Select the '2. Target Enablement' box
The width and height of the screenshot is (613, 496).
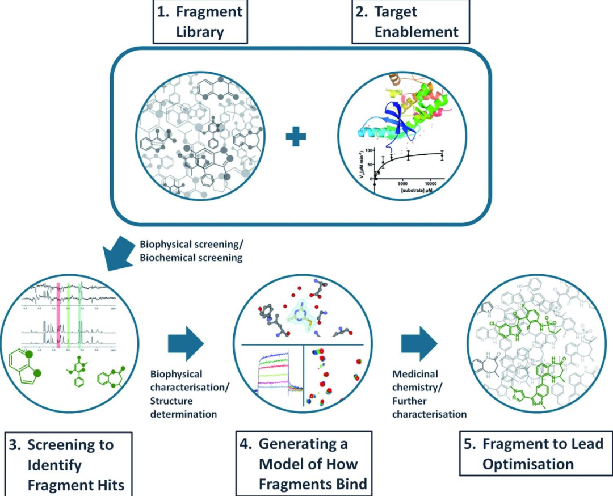point(411,21)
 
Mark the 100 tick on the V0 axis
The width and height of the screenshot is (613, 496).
point(368,151)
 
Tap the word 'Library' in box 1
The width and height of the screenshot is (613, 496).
point(200,31)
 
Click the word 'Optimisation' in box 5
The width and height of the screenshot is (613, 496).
point(528,464)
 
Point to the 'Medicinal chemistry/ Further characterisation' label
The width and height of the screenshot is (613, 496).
point(429,394)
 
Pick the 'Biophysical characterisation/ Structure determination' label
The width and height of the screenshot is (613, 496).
point(183,394)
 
